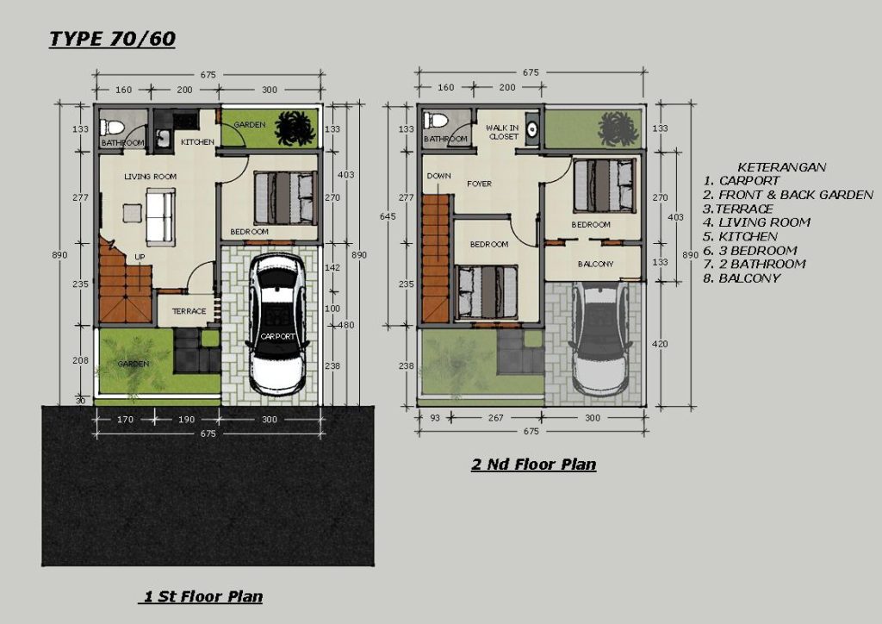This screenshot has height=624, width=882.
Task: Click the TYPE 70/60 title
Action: point(112,39)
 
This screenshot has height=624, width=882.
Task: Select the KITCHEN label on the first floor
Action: point(197,142)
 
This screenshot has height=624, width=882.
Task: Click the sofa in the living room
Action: point(160,215)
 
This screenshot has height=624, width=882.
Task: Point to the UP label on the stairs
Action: point(139,257)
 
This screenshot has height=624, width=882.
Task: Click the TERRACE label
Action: point(189,311)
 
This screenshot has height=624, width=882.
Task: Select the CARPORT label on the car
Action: point(276,336)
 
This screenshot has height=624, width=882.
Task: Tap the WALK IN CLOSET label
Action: point(503,132)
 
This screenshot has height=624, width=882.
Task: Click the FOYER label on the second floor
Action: point(479,184)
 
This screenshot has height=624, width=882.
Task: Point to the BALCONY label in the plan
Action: point(595,264)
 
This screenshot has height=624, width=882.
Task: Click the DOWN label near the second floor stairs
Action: point(438,176)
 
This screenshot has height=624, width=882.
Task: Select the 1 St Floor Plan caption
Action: point(200,596)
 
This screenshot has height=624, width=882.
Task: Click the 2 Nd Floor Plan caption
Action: point(533,465)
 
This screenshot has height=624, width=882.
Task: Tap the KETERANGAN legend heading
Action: point(782,167)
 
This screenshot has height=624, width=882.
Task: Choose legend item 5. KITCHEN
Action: point(740,236)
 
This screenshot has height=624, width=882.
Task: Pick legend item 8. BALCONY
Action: point(741,278)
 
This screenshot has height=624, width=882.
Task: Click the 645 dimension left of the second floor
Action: point(393,216)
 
